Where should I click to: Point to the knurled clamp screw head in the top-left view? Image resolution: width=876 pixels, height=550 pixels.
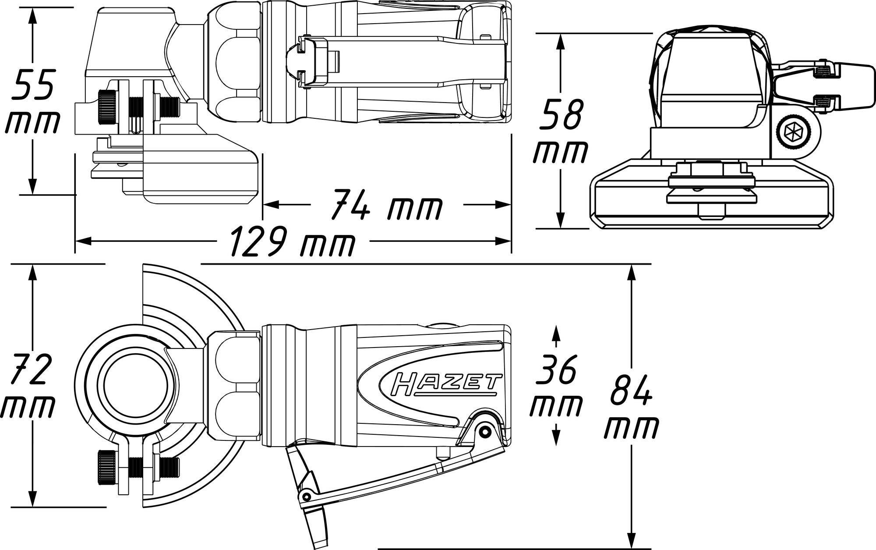(107, 108)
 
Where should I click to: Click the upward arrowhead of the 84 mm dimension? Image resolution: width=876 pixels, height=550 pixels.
(631, 272)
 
